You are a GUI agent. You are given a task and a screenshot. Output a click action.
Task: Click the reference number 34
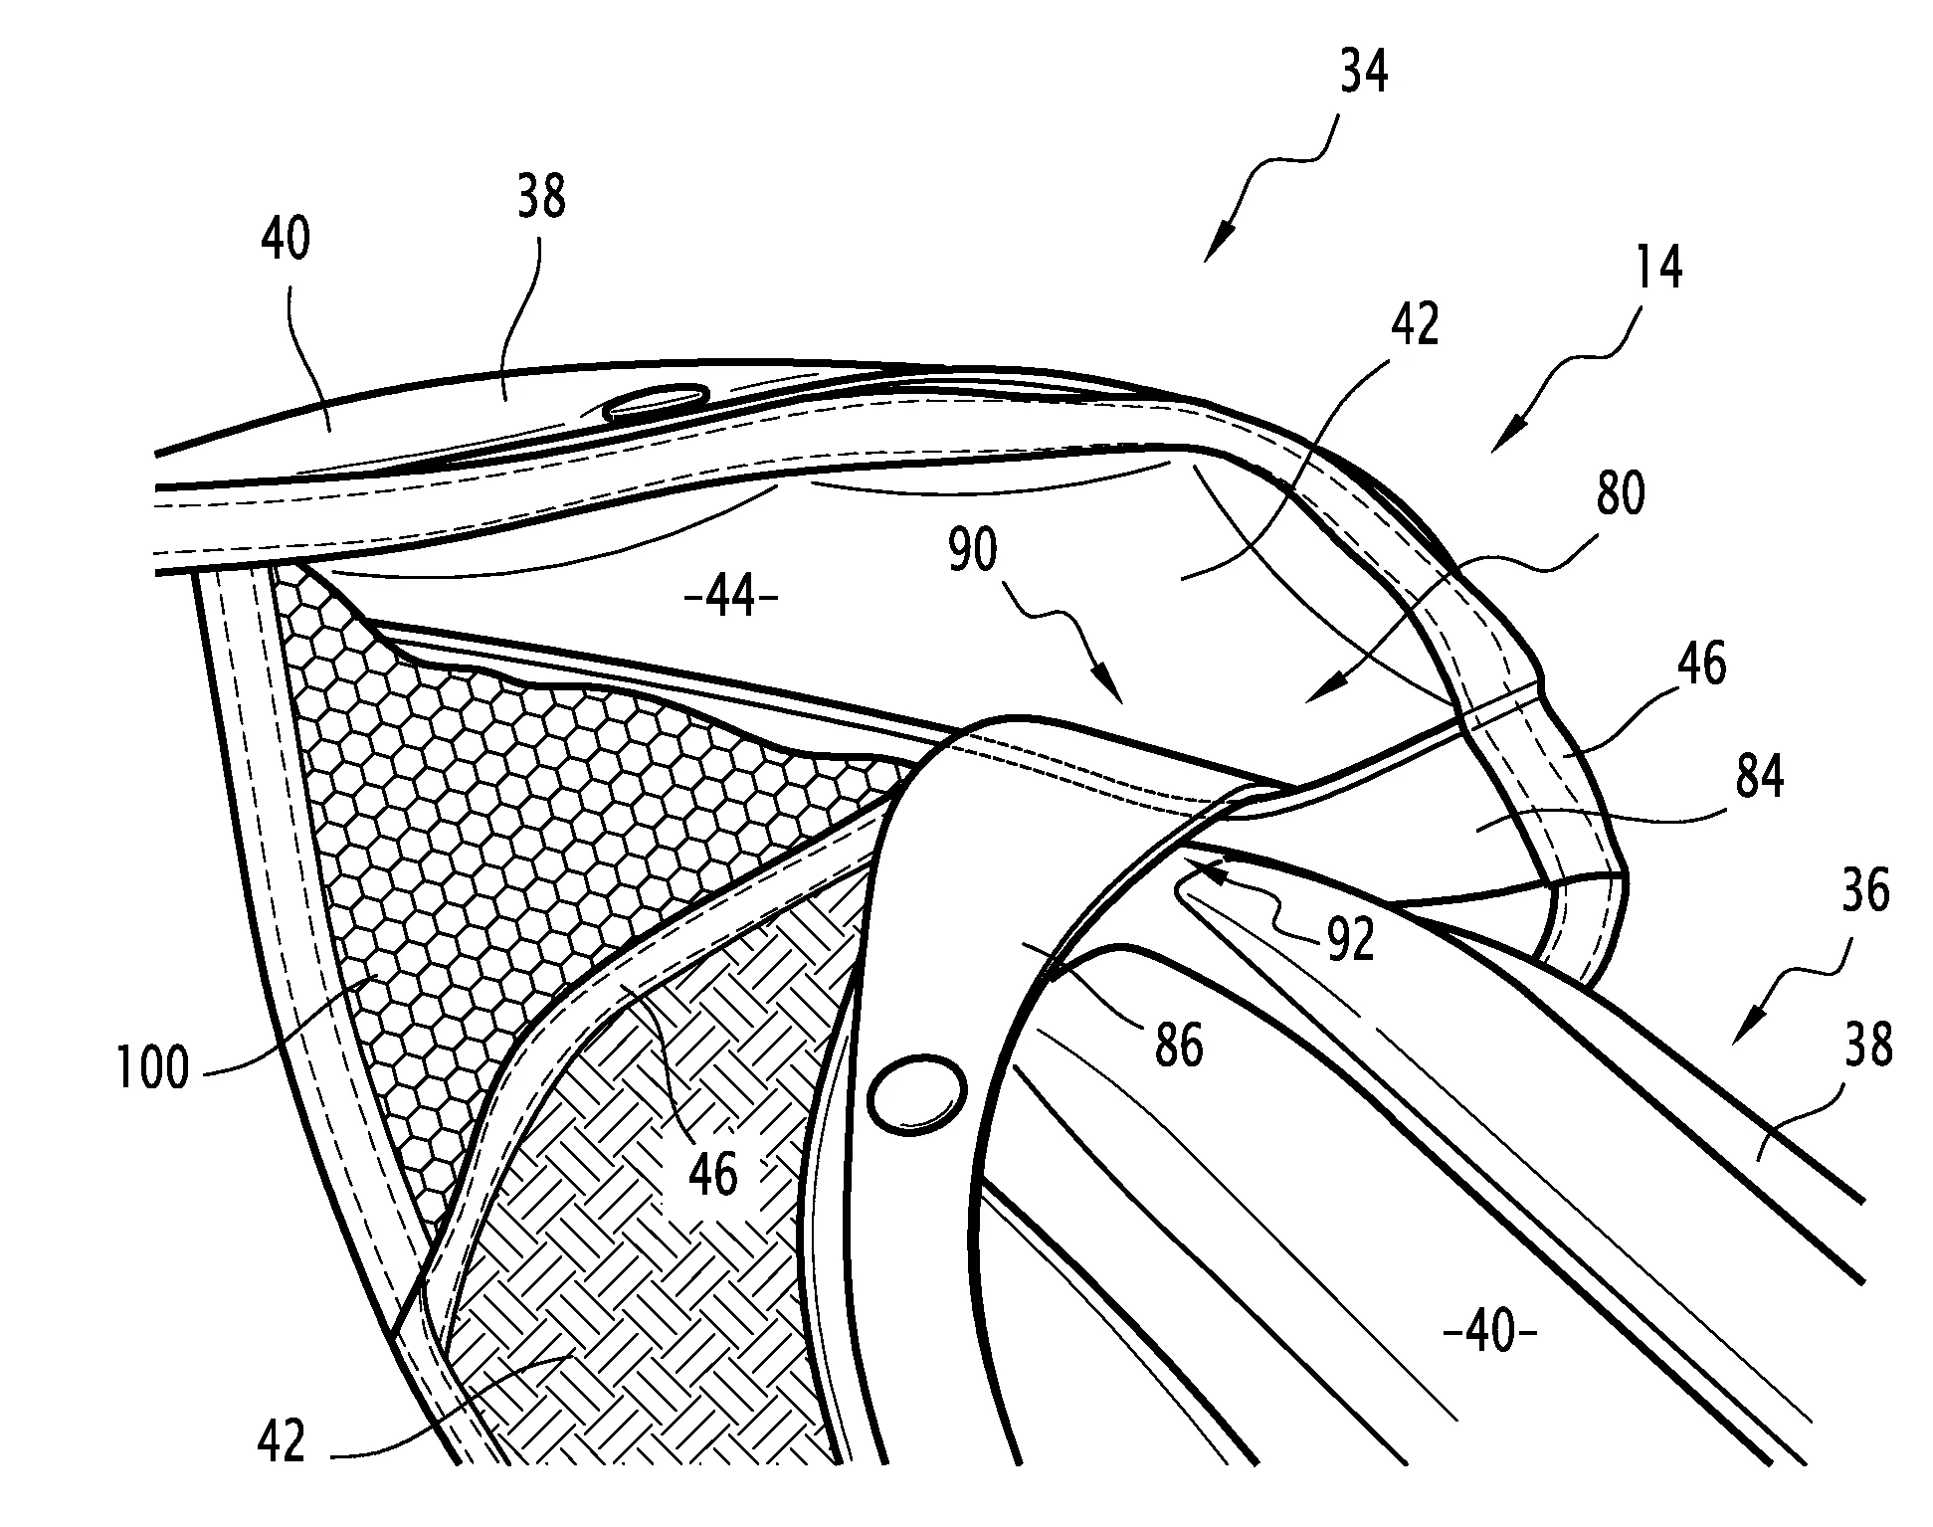(x=1362, y=73)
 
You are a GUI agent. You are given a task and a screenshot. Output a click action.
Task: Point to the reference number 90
(x=972, y=549)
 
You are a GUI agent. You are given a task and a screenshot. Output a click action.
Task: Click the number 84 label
(x=1759, y=778)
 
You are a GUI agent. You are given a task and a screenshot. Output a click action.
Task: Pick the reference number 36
(x=1863, y=890)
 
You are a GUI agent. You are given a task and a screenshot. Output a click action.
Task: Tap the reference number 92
(x=1351, y=938)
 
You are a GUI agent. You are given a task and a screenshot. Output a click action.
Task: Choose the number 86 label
(x=1179, y=1045)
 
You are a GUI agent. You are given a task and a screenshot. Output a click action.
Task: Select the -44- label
(x=732, y=600)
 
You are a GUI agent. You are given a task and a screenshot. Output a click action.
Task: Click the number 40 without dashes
(x=287, y=239)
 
